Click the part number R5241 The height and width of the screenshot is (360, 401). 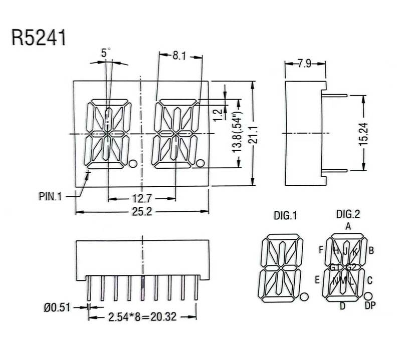tap(39, 38)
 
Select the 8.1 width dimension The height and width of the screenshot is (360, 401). tap(179, 56)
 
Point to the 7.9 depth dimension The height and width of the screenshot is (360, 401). tap(304, 63)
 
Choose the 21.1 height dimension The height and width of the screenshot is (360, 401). tap(254, 134)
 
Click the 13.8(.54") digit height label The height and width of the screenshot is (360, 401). tap(237, 132)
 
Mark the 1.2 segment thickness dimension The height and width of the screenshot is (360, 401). tap(218, 115)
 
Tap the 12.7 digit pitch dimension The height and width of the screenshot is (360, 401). tap(142, 198)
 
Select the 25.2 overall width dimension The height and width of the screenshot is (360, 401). tap(142, 212)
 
